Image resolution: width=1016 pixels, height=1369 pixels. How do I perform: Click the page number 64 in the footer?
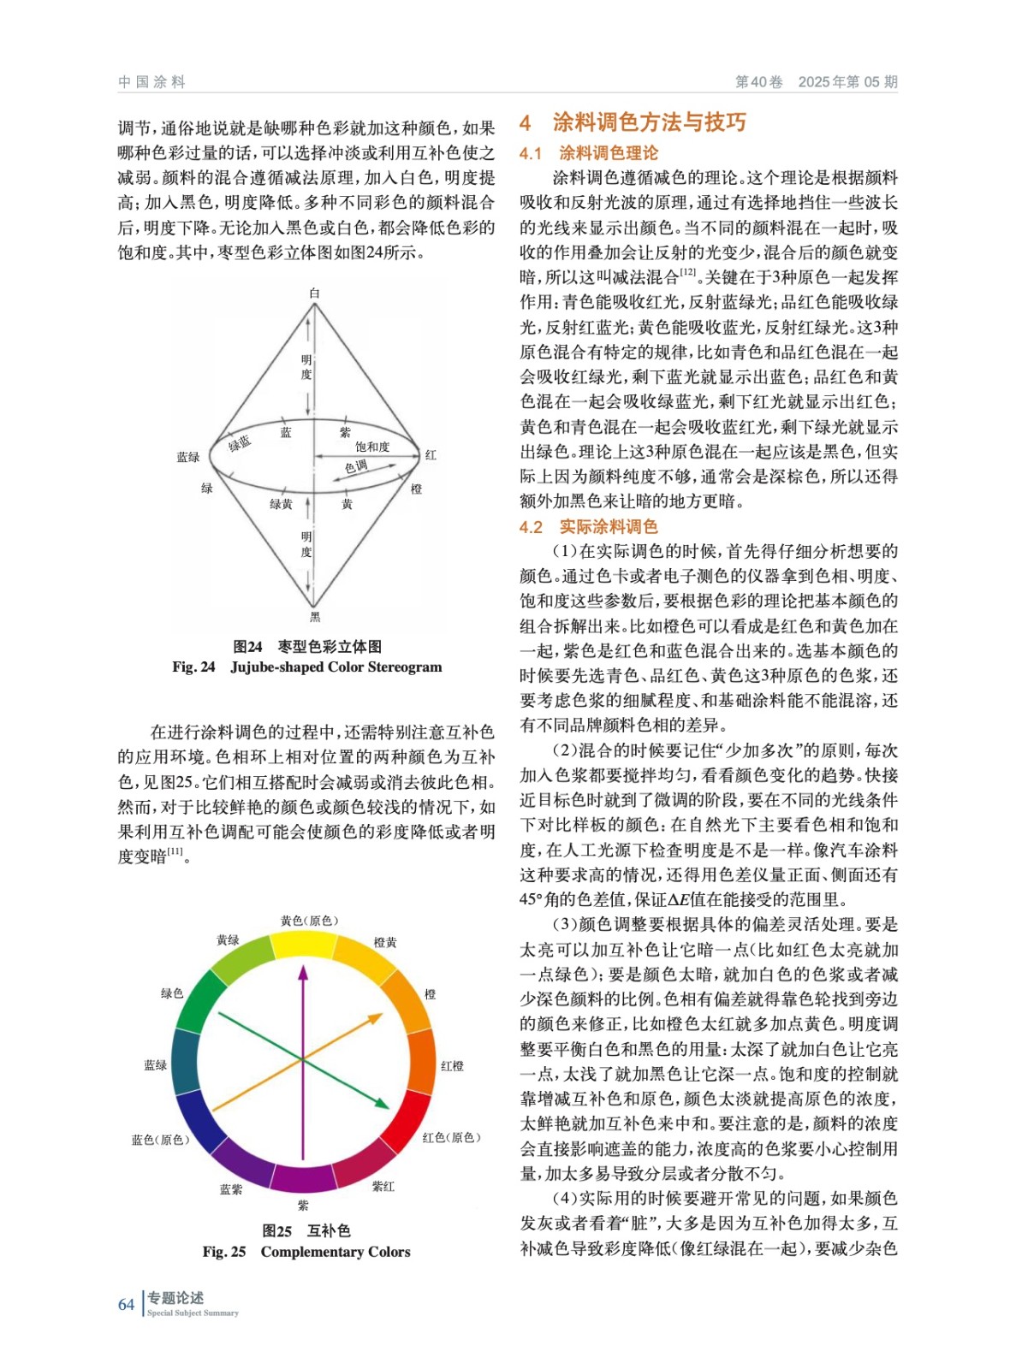126,1304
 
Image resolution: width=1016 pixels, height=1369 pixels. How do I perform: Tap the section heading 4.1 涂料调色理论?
589,153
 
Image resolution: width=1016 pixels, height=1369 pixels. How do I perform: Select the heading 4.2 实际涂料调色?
589,526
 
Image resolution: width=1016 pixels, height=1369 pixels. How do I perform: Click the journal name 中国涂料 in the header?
152,82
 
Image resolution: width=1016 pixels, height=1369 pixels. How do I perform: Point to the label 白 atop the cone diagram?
314,293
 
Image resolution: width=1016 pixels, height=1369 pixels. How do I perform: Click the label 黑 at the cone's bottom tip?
314,616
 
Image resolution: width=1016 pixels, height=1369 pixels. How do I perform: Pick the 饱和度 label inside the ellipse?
372,447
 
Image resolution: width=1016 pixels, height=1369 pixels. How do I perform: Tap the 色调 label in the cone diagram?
356,466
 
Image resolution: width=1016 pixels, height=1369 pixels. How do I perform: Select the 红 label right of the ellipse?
431,455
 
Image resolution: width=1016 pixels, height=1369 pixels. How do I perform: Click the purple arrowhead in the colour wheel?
302,972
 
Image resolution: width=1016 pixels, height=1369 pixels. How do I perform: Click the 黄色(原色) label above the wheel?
309,921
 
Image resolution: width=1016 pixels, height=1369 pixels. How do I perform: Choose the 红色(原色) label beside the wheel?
451,1137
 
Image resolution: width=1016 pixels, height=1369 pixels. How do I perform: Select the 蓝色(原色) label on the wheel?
160,1140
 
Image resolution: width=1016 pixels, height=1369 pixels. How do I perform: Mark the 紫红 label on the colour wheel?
383,1186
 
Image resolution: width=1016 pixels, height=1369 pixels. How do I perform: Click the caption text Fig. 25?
223,1252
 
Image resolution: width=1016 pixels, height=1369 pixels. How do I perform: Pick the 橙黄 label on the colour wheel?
385,942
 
